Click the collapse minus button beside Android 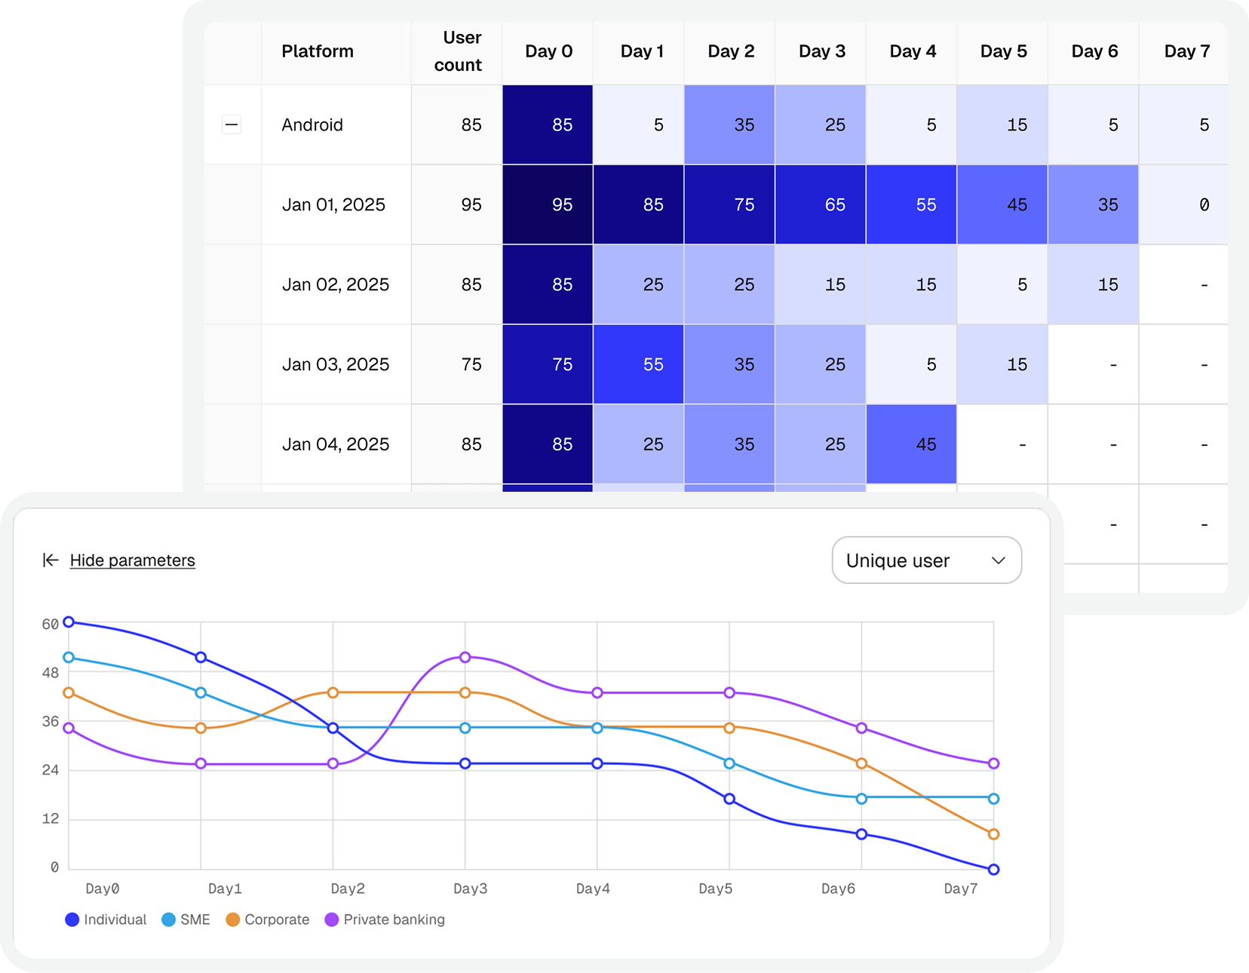point(232,124)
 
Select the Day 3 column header point(821,51)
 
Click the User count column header point(459,51)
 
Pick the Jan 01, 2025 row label point(333,204)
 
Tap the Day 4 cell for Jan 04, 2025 point(911,444)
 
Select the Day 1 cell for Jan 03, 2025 point(639,364)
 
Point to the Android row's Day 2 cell point(729,124)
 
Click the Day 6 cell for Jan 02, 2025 point(1093,284)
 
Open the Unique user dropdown point(926,560)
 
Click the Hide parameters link point(132,560)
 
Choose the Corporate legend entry point(268,919)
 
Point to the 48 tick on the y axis point(51,672)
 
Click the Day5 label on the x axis point(715,889)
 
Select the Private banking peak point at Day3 point(465,657)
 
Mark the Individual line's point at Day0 point(69,622)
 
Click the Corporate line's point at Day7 point(993,834)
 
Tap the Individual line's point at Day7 point(993,870)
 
